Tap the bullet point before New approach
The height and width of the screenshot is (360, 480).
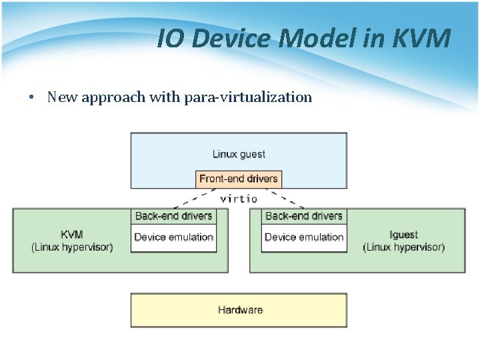click(x=31, y=97)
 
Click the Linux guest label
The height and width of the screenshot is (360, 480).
click(x=239, y=154)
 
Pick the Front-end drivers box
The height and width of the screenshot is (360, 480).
click(x=239, y=179)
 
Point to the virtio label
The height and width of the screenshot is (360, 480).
click(x=239, y=198)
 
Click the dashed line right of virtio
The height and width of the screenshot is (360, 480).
click(x=289, y=200)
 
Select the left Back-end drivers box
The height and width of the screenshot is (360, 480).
click(x=173, y=216)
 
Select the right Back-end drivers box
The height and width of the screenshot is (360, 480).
click(x=304, y=216)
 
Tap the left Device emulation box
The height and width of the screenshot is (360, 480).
click(x=173, y=237)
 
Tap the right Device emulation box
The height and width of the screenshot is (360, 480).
click(x=304, y=237)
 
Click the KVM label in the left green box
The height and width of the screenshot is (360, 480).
click(x=72, y=235)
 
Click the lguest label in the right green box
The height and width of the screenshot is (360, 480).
click(x=403, y=235)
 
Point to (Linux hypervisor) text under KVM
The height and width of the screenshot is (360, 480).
click(x=72, y=247)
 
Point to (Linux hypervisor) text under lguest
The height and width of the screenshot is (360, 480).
click(x=403, y=247)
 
